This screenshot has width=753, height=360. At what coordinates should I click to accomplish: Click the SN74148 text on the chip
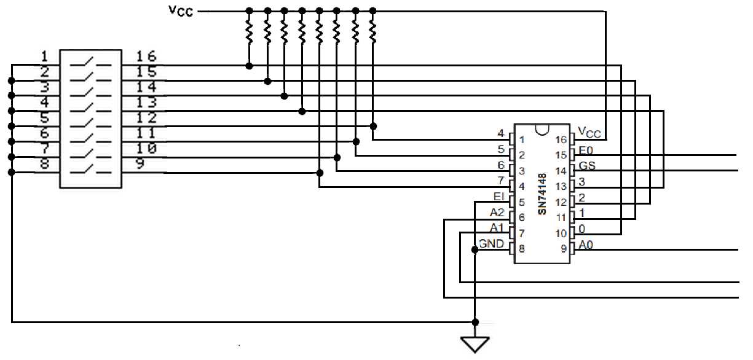click(542, 194)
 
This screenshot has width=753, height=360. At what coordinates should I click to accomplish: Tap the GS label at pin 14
click(587, 166)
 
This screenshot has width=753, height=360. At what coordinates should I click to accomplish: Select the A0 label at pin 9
click(585, 246)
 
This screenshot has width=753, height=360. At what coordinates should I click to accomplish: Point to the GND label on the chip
click(492, 244)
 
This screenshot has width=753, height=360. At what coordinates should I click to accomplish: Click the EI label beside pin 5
click(499, 197)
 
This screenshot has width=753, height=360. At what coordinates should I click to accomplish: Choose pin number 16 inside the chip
click(561, 140)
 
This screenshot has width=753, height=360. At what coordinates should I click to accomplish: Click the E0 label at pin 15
click(586, 151)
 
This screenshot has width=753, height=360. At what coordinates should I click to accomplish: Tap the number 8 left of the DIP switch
click(44, 164)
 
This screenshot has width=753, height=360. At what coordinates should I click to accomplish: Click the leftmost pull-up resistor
click(249, 31)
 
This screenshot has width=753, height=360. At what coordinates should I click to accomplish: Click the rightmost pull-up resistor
click(373, 31)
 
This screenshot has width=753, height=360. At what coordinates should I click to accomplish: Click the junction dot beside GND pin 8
click(475, 249)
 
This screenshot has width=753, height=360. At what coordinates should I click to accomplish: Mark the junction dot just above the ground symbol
click(475, 322)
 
